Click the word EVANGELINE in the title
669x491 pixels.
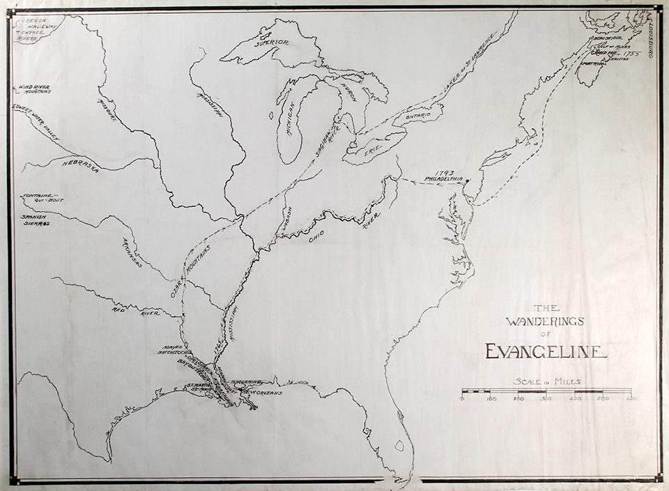point(546,350)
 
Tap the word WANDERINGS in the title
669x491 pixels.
point(545,321)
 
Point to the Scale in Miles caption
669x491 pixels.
point(546,381)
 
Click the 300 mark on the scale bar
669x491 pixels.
point(547,398)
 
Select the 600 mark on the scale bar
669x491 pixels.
point(631,398)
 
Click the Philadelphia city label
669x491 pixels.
point(443,179)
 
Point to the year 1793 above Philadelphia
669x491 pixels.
point(444,172)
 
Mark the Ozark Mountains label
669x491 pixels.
point(191,272)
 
